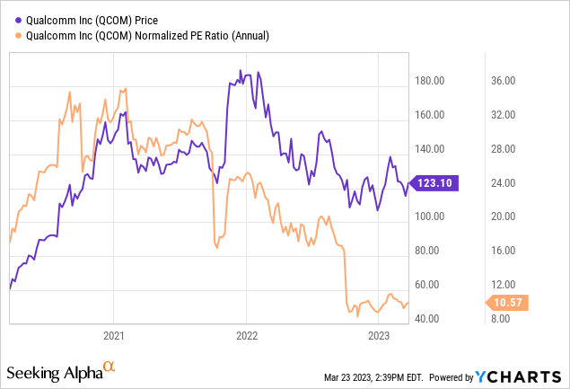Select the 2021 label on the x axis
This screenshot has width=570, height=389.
point(113,336)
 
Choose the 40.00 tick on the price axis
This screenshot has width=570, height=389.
point(429,318)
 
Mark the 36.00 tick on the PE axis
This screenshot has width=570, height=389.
point(501,81)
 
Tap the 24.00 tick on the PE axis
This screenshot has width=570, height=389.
point(501,182)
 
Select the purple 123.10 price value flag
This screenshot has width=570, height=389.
point(431,182)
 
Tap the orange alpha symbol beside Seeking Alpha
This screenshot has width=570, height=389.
point(110,367)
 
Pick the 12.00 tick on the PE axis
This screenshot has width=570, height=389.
point(501,284)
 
